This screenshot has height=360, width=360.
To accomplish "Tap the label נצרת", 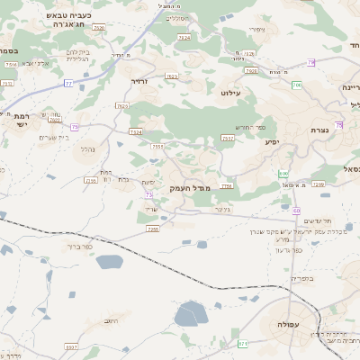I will click(319, 130).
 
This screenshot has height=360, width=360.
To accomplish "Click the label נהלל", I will click(87, 148).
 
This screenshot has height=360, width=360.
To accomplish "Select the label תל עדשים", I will click(318, 220).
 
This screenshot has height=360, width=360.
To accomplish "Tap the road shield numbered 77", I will click(68, 83).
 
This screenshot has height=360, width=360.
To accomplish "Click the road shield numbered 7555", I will click(157, 146).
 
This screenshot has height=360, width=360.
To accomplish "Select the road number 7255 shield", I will click(228, 186).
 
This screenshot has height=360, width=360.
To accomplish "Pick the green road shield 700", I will click(296, 85).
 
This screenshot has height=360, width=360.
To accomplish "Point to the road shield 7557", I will click(229, 139).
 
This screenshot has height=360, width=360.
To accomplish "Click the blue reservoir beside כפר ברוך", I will click(108, 262).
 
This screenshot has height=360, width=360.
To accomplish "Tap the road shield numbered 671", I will click(243, 344).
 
